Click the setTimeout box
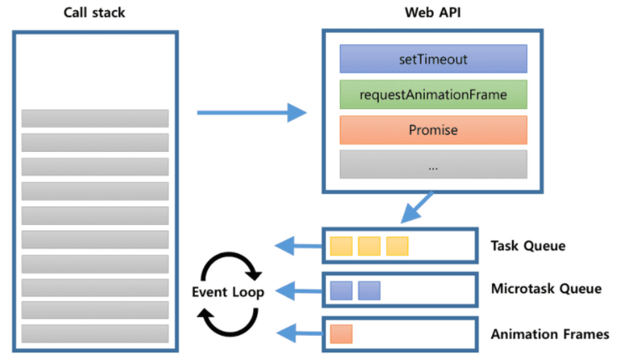pos(433,59)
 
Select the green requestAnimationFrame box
pos(433,95)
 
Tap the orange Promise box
pos(433,130)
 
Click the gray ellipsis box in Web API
pos(433,164)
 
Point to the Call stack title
pos(95,13)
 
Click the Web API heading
pos(433,13)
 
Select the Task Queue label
pos(528,246)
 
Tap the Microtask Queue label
pos(547,289)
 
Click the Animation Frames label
pos(550,334)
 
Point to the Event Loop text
pos(228,292)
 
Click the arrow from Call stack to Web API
pos(252,112)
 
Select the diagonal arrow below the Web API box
pos(417,207)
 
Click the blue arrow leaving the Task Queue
pos(299,246)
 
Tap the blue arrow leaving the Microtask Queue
pos(299,290)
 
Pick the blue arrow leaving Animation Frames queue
pos(300,333)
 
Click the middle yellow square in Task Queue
pos(369,246)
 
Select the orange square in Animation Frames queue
pos(341,334)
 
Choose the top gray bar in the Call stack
pos(95,118)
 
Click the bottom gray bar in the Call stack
pos(95,334)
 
